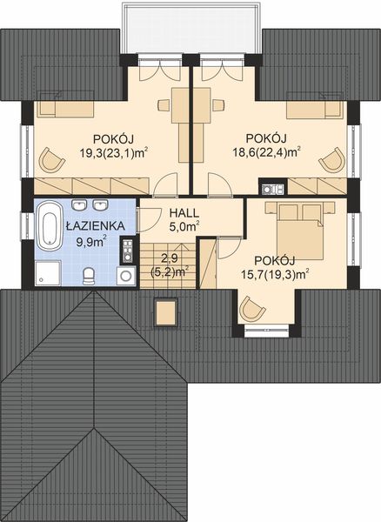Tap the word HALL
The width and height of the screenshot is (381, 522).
[x=184, y=213]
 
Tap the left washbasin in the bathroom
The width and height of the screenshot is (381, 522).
[x=79, y=205]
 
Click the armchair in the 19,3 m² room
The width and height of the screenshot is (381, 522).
[x=53, y=160]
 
